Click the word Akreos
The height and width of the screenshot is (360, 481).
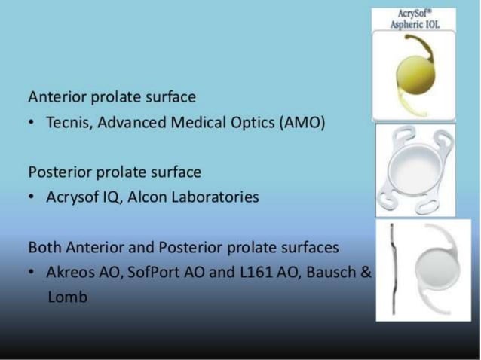[69, 272]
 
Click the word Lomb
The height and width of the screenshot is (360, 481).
[66, 297]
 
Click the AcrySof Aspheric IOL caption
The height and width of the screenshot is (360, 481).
[414, 20]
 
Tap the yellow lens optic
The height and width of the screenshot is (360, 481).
[413, 75]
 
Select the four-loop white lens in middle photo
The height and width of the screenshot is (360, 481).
[415, 170]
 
